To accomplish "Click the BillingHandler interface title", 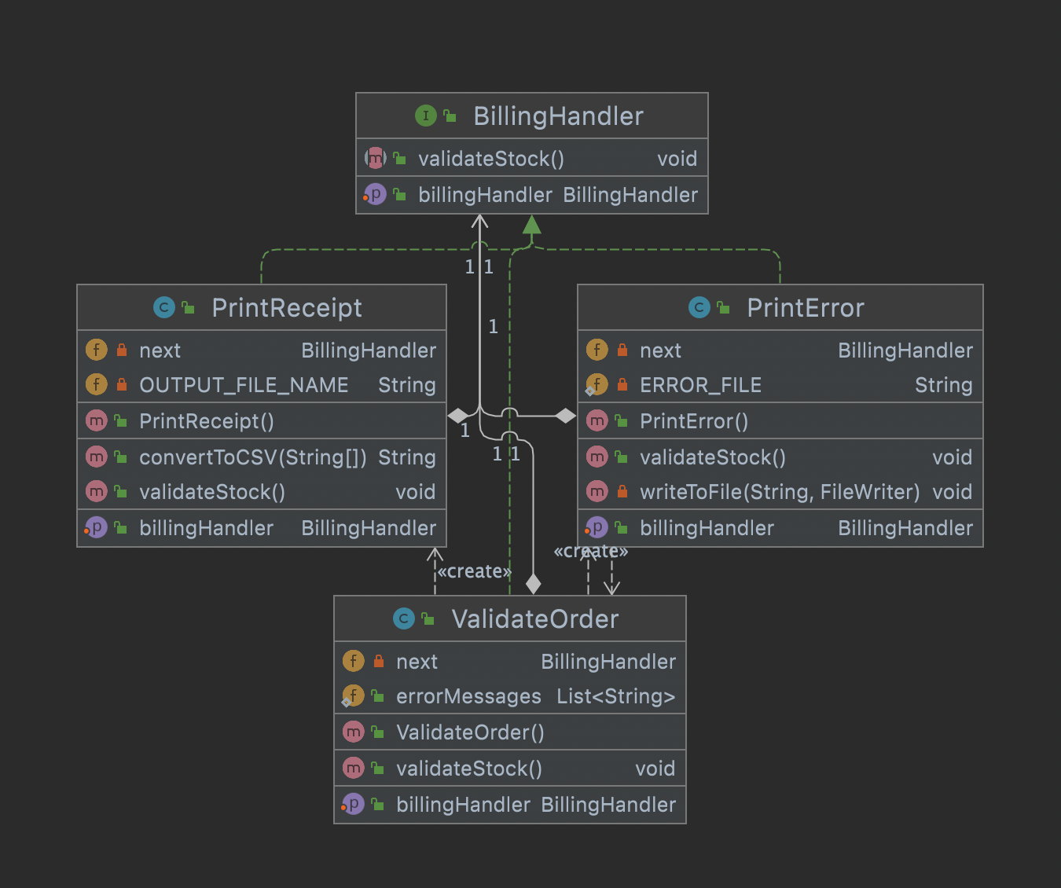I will [x=558, y=116].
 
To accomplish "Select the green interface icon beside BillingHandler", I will [x=425, y=116].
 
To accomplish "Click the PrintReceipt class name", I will [x=287, y=308].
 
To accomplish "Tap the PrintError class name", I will [x=805, y=308].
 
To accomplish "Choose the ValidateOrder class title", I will [x=534, y=619].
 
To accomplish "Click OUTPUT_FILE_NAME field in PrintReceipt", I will [x=244, y=385].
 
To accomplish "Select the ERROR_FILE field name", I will [x=700, y=385].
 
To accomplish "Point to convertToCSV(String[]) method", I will [x=252, y=457].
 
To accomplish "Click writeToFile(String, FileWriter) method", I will [x=779, y=492].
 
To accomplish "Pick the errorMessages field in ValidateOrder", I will [x=468, y=696].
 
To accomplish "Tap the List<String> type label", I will [x=615, y=696].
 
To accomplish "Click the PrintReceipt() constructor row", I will [x=207, y=421].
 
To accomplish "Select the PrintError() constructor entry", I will [x=693, y=421].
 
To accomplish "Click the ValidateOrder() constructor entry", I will [x=470, y=732].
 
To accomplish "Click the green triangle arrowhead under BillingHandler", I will [x=532, y=225].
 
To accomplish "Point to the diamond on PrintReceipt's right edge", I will [x=457, y=416].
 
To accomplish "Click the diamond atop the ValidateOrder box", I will [x=534, y=584].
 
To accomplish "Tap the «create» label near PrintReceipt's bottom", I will [x=474, y=571].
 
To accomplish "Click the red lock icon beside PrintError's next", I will [x=622, y=350].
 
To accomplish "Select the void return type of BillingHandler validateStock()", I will [x=677, y=159].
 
